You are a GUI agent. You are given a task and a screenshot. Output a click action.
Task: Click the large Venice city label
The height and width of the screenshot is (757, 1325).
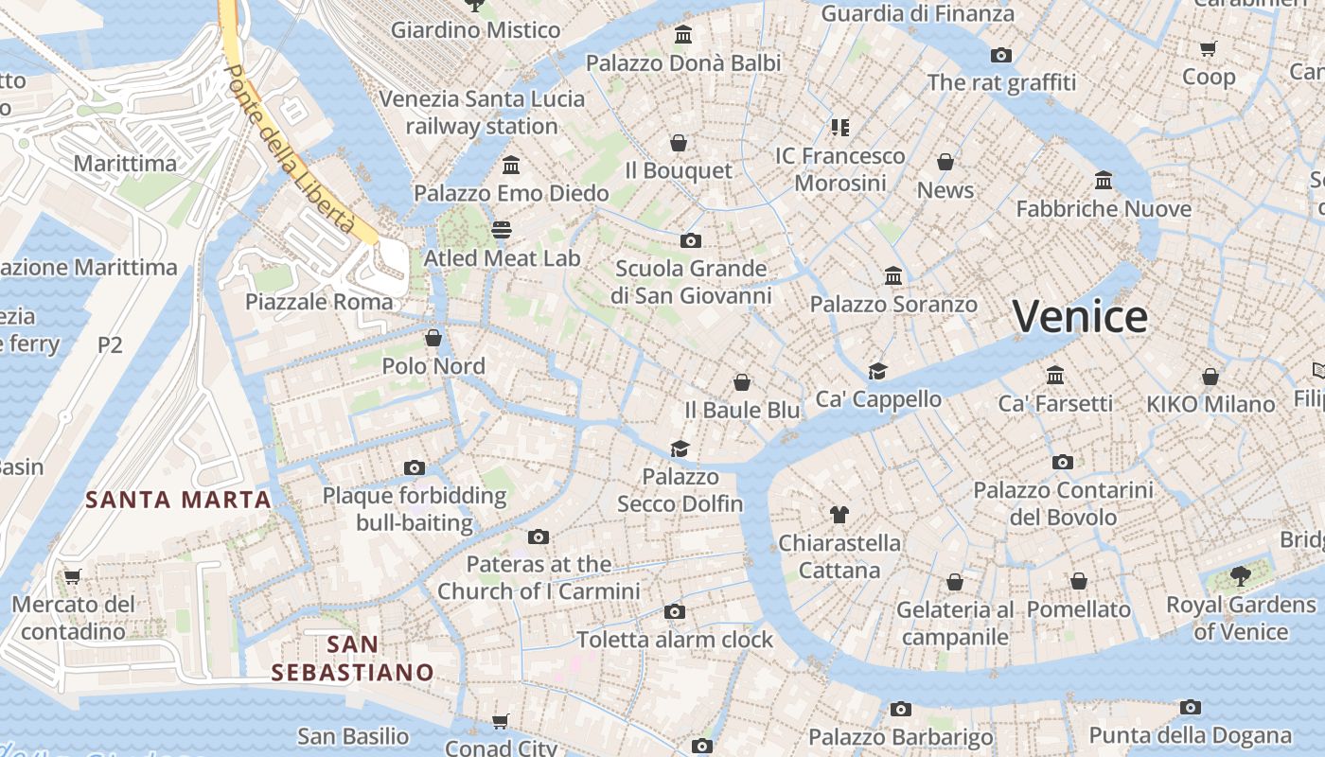[x=1080, y=316]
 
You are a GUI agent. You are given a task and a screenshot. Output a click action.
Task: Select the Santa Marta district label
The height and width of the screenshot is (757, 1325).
[x=178, y=499]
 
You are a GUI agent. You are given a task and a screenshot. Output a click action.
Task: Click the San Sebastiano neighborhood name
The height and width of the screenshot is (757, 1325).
[x=352, y=659]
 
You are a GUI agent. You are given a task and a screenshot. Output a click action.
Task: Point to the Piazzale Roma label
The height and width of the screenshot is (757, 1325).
[x=319, y=302]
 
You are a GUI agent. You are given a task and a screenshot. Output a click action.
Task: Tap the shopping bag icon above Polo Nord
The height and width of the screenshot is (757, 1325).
[x=433, y=338]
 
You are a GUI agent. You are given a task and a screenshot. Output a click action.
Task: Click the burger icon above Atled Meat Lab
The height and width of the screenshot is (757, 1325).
[x=502, y=230]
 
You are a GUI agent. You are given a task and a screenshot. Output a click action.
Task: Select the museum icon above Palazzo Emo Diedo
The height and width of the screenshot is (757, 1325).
[x=511, y=166]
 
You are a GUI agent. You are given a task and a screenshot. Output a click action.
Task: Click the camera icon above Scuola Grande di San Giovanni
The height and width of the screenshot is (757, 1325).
[x=691, y=240]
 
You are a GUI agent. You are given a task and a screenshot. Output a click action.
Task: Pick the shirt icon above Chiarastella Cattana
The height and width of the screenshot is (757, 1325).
[x=839, y=515]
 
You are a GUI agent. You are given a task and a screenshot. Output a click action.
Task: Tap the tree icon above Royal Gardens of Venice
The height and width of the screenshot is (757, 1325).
[x=1240, y=575]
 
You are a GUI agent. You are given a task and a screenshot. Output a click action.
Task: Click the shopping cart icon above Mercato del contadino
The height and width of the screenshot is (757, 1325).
[x=73, y=575]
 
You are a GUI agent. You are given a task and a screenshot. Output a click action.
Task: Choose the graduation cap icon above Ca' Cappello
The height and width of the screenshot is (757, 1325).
[x=878, y=371]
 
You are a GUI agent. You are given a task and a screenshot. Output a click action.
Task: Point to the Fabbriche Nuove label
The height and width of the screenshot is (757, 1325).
[x=1104, y=208]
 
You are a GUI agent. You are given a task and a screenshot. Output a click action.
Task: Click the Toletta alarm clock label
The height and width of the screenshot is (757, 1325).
[x=675, y=640]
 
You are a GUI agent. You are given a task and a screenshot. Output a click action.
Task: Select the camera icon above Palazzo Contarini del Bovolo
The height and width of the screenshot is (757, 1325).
[x=1063, y=462]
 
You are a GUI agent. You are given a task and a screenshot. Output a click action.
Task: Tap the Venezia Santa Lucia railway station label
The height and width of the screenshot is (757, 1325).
[x=482, y=113]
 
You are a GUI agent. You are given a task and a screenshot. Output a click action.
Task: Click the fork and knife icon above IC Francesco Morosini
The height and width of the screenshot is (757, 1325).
[x=839, y=126]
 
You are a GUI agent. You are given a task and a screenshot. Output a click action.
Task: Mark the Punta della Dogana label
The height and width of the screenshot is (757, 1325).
[x=1190, y=735]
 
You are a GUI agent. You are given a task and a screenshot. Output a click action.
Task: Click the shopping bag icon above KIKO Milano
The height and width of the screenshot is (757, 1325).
[x=1210, y=377]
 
